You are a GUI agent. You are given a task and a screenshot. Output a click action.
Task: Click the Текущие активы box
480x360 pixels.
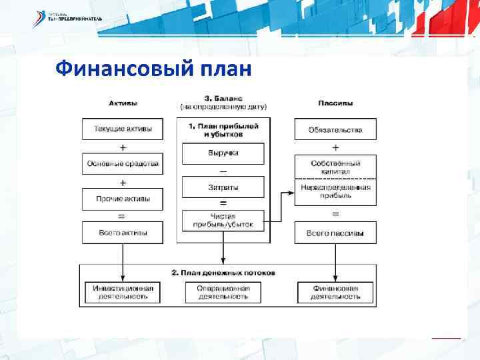(x=123, y=129)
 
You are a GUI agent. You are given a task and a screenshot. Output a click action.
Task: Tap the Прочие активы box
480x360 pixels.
(x=123, y=199)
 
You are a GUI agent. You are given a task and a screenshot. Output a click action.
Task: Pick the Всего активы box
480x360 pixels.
(x=123, y=233)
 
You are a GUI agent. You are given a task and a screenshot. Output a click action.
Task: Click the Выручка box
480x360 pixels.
(x=223, y=153)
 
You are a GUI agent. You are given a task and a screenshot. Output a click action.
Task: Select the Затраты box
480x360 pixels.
(x=223, y=188)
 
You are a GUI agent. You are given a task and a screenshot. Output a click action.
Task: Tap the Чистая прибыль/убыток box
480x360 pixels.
(x=223, y=221)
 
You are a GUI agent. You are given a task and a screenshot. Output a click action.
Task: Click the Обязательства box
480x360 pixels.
(x=335, y=129)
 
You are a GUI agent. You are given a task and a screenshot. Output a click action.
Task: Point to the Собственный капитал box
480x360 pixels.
(x=335, y=167)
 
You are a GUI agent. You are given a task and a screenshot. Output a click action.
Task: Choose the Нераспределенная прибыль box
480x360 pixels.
(x=335, y=192)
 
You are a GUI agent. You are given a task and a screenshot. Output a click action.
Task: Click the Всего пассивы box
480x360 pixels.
(x=335, y=233)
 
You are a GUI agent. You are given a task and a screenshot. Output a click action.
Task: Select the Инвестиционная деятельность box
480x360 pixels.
(x=123, y=292)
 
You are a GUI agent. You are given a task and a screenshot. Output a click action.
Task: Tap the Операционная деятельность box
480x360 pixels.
(x=223, y=292)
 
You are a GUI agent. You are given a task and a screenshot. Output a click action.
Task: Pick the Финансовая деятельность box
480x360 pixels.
(x=335, y=292)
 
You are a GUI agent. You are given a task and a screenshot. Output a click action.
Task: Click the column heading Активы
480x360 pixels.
(x=123, y=103)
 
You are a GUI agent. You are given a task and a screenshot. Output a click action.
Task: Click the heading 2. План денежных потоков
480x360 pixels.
(x=223, y=273)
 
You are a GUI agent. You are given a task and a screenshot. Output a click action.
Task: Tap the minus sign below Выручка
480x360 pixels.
(x=223, y=171)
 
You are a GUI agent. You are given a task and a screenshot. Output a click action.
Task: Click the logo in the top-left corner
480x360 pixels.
(x=67, y=19)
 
